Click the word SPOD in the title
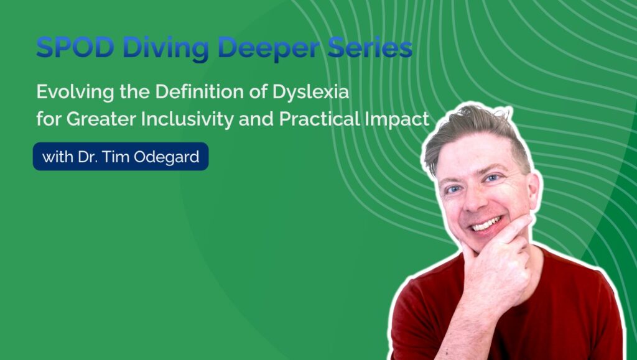click(x=75, y=47)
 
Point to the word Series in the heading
click(x=370, y=47)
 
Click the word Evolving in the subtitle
click(x=75, y=93)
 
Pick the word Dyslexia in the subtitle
click(x=310, y=93)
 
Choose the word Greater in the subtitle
click(x=101, y=119)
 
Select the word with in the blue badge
click(x=58, y=157)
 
